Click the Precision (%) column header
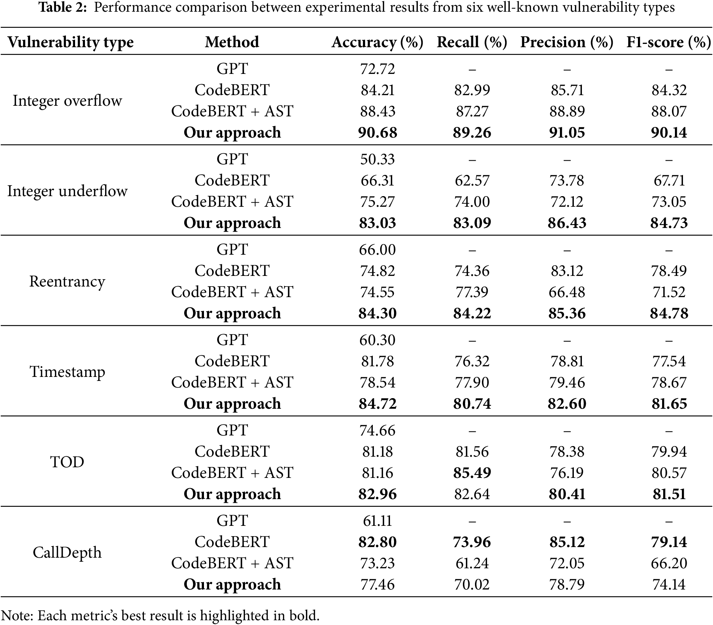567,42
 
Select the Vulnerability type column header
70,42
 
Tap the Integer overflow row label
67,101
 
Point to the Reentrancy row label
67,281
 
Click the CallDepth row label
67,553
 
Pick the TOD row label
67,462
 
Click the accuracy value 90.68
378,132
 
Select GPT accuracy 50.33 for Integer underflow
378,159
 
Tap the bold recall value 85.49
472,473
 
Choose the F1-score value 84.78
669,314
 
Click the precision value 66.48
567,292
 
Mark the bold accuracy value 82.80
378,542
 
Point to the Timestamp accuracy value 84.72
378,404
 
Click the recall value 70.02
472,584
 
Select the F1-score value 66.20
669,563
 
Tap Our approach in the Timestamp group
232,404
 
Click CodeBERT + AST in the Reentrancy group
232,292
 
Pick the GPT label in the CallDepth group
232,521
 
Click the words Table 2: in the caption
63,7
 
